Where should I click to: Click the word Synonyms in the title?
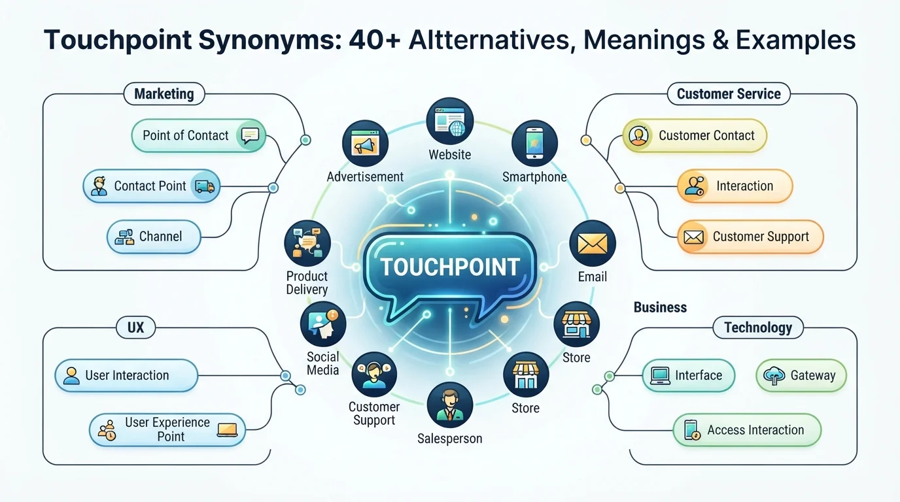(x=270, y=40)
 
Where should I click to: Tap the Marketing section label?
(x=164, y=94)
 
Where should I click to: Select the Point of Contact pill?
(x=198, y=135)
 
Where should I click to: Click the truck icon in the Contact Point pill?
(x=205, y=186)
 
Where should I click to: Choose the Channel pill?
(x=154, y=237)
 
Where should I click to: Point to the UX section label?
(x=136, y=327)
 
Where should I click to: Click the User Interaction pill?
(x=126, y=375)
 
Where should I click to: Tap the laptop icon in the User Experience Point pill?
(x=227, y=430)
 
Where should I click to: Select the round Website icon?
(x=449, y=121)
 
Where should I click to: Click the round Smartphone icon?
(x=535, y=143)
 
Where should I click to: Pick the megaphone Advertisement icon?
(x=365, y=143)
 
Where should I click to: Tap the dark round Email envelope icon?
(x=593, y=243)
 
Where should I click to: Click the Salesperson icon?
(x=450, y=405)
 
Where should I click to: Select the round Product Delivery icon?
(x=307, y=243)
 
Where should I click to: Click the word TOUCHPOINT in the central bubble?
(x=450, y=267)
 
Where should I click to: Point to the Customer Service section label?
(x=729, y=94)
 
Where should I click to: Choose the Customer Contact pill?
(x=695, y=135)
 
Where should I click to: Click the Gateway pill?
(x=801, y=375)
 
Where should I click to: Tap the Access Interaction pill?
(x=747, y=430)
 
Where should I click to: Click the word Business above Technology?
(x=660, y=307)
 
